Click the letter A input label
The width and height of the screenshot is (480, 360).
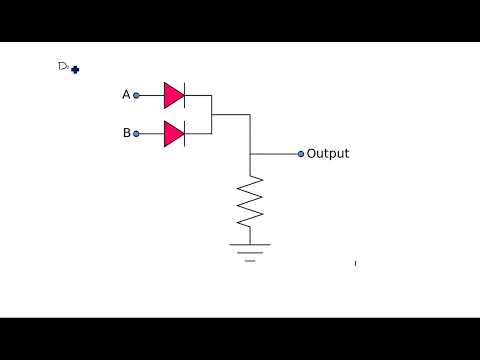[126, 95]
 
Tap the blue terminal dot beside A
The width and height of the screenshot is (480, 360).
[136, 95]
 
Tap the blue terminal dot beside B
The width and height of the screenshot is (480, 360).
[136, 133]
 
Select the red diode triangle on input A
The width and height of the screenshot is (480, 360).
[173, 95]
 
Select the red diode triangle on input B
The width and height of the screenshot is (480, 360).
[173, 133]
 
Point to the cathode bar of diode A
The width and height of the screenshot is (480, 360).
[185, 95]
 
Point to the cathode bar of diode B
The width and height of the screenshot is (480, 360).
[185, 133]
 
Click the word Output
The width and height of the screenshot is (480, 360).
[328, 154]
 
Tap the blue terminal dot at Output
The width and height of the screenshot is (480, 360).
[300, 154]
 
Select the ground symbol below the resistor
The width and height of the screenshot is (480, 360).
[250, 250]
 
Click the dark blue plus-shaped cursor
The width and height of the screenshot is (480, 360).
[75, 70]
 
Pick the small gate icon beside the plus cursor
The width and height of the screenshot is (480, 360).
[63, 66]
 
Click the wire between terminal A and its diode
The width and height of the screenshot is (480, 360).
[151, 95]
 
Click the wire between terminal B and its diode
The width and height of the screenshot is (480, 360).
[151, 133]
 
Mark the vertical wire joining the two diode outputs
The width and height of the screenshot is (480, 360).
[212, 114]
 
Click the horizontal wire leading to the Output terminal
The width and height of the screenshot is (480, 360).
[274, 154]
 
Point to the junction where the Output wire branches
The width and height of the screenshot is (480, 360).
[250, 154]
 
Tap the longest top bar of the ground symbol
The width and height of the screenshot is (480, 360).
[250, 244]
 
